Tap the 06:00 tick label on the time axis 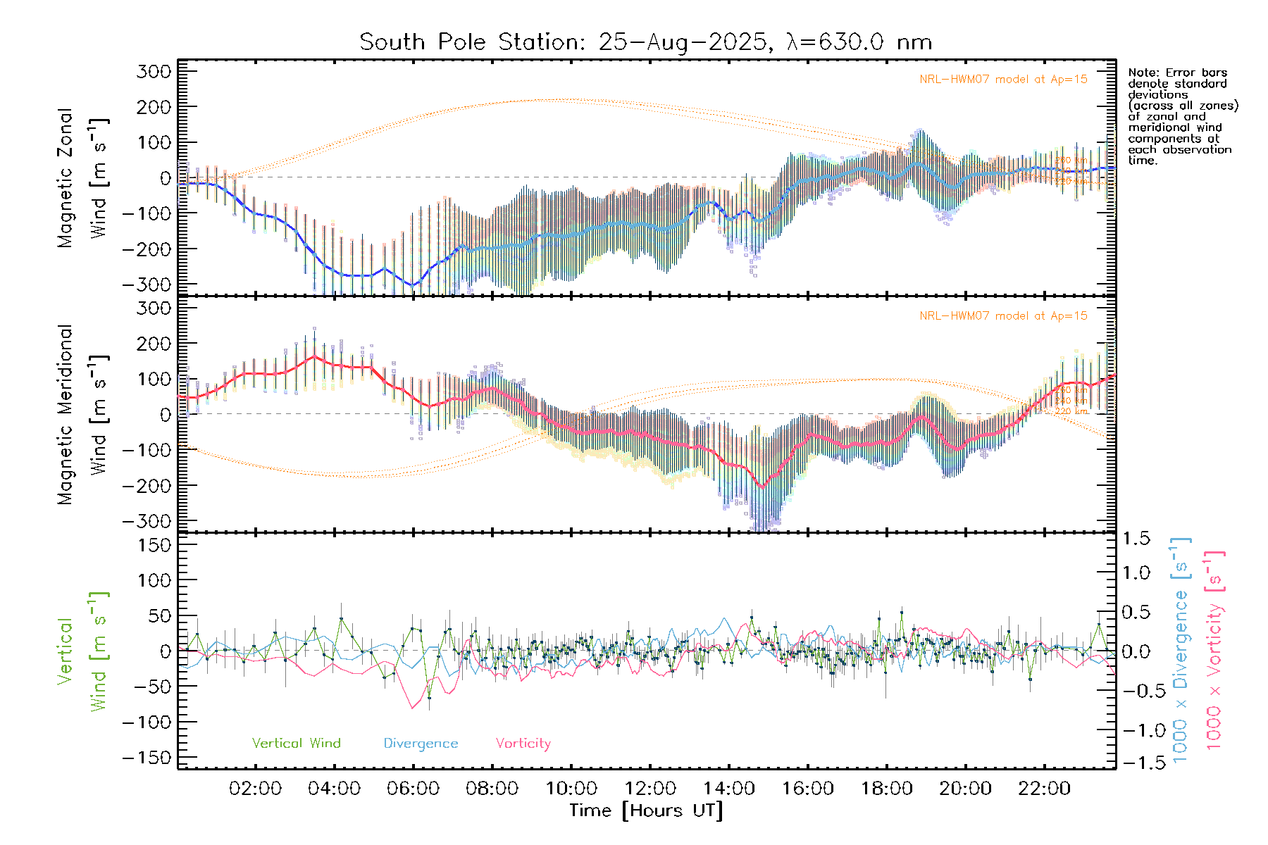(x=414, y=789)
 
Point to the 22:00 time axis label (x=1044, y=789)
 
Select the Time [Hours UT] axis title (x=646, y=810)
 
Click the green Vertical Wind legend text (x=296, y=744)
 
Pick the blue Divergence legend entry (x=421, y=744)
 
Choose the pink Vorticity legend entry (x=523, y=744)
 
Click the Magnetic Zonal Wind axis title (x=82, y=177)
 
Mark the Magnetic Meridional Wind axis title (x=82, y=414)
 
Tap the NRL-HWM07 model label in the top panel (x=1003, y=80)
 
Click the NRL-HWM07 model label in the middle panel (x=1003, y=316)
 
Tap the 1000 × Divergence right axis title (x=1181, y=649)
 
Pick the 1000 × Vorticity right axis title (x=1214, y=649)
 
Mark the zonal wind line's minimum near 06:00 (x=414, y=285)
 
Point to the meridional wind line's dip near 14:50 (x=762, y=487)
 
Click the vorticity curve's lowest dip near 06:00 (x=412, y=708)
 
